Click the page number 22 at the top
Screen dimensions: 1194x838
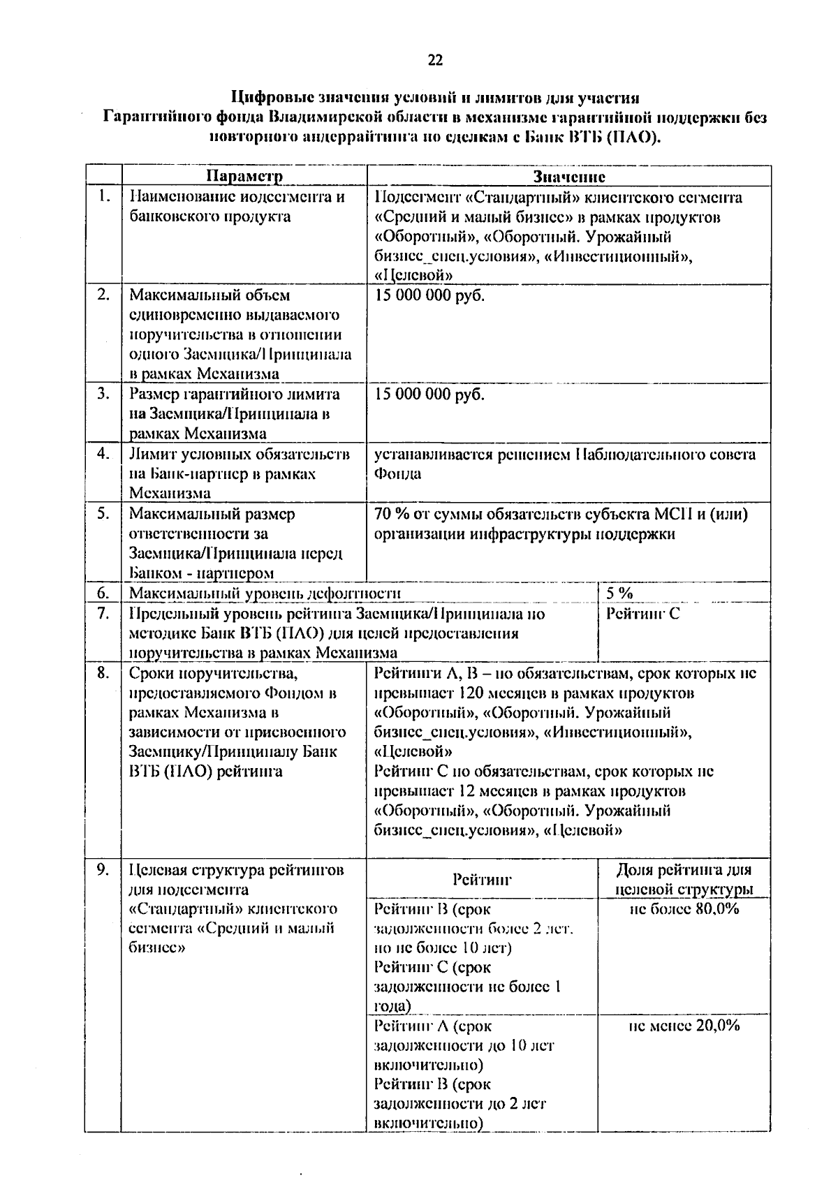click(x=434, y=61)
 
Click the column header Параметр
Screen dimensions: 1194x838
click(x=244, y=176)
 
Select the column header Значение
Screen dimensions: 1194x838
click(x=568, y=176)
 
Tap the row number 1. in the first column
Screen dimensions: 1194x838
click(x=103, y=196)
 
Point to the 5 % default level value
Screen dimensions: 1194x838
click(x=619, y=594)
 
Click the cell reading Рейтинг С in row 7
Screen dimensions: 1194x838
click(x=642, y=614)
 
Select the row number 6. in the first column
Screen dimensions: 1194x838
click(x=103, y=594)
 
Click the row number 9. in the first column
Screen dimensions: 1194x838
click(x=103, y=870)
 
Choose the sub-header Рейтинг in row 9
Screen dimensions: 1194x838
click(x=482, y=879)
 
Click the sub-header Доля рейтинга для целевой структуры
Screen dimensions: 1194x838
click(x=684, y=880)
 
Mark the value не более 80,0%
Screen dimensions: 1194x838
click(x=684, y=909)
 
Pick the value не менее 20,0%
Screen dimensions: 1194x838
click(x=684, y=1026)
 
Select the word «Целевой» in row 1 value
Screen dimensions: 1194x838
click(x=413, y=275)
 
